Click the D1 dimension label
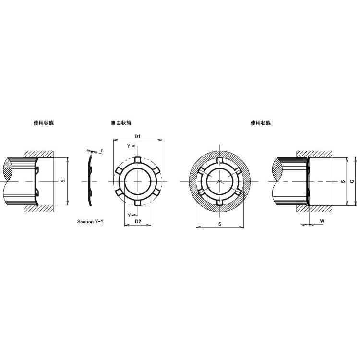click(x=137, y=137)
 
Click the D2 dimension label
click(x=138, y=222)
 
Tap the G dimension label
click(x=352, y=181)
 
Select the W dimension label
click(x=322, y=221)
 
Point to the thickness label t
click(x=102, y=151)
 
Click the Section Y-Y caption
click(x=90, y=222)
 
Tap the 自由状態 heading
click(x=121, y=123)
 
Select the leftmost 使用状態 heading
click(x=44, y=123)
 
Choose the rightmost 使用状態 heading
click(x=261, y=123)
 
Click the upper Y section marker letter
click(x=129, y=146)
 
